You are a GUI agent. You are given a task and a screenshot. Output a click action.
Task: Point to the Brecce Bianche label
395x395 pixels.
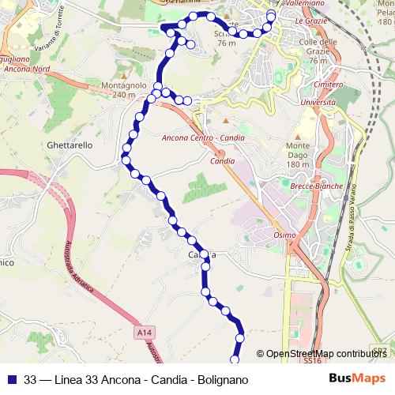pos(318,186)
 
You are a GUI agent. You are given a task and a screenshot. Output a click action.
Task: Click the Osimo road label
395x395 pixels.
pos(284,235)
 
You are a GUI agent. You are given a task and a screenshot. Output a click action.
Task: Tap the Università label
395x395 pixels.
pos(318,103)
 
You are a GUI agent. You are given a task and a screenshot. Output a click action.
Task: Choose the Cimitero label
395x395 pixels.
pos(328,84)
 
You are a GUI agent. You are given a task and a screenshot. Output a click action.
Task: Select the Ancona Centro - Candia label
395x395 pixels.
pos(202,138)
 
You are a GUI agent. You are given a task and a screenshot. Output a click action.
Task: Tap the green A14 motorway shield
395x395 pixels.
pos(143,333)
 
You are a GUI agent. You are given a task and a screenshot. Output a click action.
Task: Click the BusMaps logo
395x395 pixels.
pos(358,379)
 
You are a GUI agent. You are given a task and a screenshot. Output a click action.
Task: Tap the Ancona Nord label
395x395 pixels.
pos(28,69)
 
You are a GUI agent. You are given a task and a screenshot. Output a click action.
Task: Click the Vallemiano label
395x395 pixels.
pos(300,4)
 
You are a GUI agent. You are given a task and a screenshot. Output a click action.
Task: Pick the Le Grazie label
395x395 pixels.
pos(310,21)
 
